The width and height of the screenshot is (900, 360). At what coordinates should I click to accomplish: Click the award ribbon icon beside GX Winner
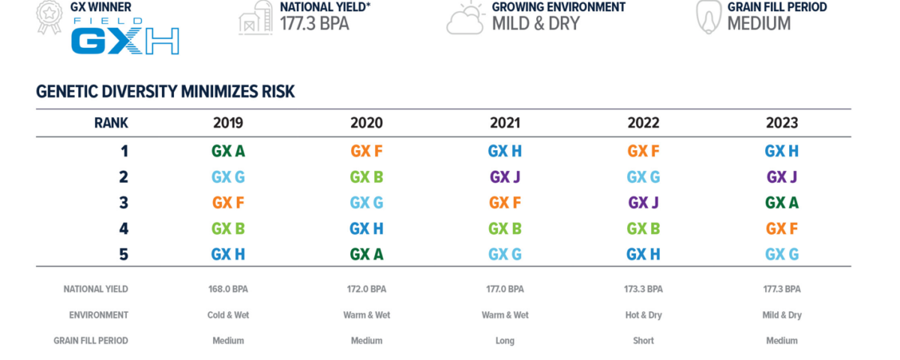click(49, 16)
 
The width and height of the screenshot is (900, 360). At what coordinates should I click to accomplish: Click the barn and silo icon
click(256, 18)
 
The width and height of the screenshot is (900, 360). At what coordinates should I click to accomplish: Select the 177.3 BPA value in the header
click(314, 24)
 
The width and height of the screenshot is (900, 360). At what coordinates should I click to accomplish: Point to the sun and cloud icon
click(466, 18)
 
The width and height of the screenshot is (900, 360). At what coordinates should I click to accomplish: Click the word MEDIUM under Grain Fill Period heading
click(759, 24)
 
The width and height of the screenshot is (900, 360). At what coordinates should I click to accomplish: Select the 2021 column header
click(505, 123)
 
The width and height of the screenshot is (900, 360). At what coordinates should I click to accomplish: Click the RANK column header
click(111, 123)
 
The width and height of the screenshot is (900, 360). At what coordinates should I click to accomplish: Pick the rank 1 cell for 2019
click(228, 151)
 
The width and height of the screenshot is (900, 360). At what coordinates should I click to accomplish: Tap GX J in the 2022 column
click(643, 203)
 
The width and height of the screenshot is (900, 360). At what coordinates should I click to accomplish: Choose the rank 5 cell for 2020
click(367, 254)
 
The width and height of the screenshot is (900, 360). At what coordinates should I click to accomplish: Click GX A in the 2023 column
click(781, 203)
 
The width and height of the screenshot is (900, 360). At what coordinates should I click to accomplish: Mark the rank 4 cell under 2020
click(367, 229)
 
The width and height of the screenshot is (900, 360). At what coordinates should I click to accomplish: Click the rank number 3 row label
click(124, 203)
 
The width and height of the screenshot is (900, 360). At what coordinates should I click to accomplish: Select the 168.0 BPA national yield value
click(228, 289)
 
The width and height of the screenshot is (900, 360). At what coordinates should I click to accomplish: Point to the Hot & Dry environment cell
click(643, 315)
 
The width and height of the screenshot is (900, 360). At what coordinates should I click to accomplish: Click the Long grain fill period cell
click(505, 341)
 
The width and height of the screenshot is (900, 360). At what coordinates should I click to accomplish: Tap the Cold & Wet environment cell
click(228, 315)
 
